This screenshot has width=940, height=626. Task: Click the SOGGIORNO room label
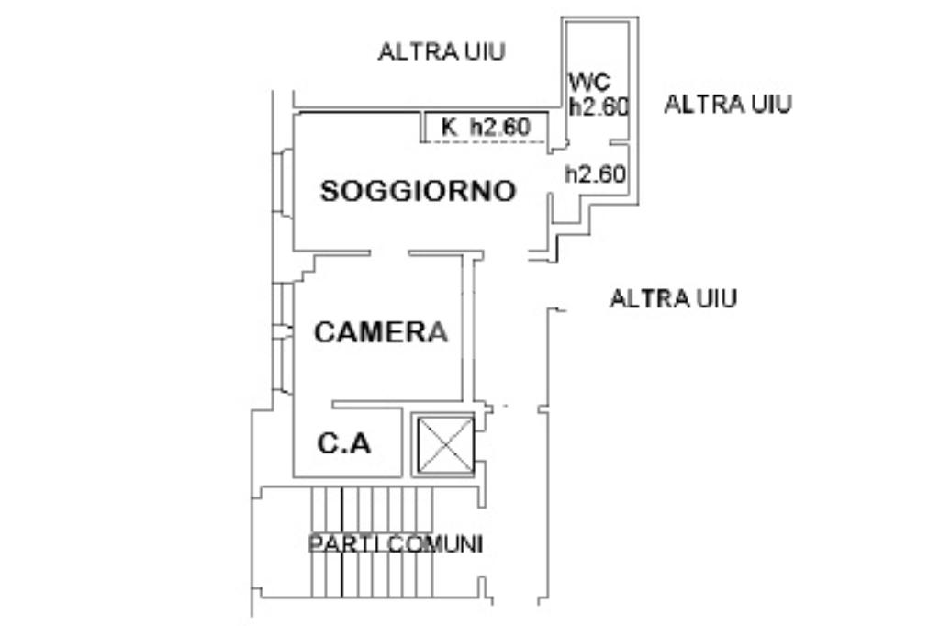pyautogui.click(x=418, y=191)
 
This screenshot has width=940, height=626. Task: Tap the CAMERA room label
pyautogui.click(x=381, y=331)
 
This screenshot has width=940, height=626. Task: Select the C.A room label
pyautogui.click(x=344, y=443)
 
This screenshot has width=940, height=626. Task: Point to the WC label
pyautogui.click(x=589, y=81)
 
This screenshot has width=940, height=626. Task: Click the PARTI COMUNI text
pyautogui.click(x=395, y=544)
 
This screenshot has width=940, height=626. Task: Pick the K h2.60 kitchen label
pyautogui.click(x=486, y=127)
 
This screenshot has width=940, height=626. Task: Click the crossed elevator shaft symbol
pyautogui.click(x=445, y=445)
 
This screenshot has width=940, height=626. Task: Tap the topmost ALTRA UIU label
pyautogui.click(x=442, y=51)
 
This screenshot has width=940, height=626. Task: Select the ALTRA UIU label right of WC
pyautogui.click(x=728, y=105)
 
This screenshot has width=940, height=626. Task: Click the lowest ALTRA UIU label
pyautogui.click(x=673, y=298)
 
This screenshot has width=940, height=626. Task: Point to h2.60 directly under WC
pyautogui.click(x=599, y=106)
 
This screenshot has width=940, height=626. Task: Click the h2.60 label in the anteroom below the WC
pyautogui.click(x=595, y=173)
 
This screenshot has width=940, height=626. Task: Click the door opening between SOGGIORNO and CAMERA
pyautogui.click(x=389, y=253)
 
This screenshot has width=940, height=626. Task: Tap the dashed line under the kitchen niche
pyautogui.click(x=485, y=142)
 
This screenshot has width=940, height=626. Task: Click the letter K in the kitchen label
pyautogui.click(x=448, y=127)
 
